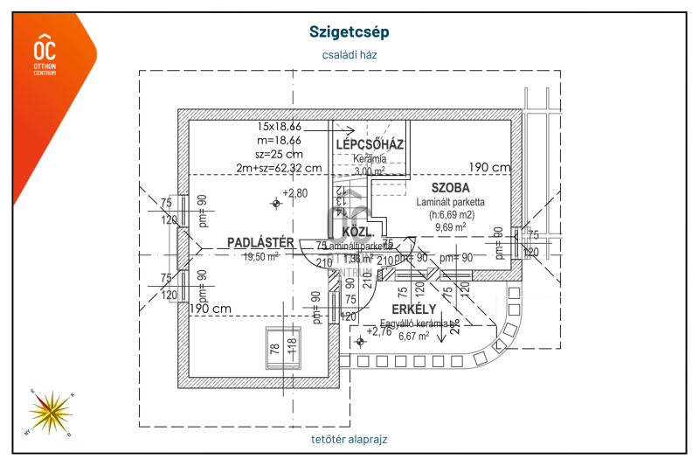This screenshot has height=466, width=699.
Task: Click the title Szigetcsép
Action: point(349,31)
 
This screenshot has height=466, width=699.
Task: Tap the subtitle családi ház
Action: point(349,54)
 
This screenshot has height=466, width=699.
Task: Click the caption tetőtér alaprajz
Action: point(349,439)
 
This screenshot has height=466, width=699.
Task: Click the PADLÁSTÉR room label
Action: point(260,242)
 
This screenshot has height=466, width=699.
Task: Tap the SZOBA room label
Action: point(450,188)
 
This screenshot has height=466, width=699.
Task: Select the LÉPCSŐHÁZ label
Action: point(370,144)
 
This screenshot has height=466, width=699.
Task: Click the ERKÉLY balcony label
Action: point(413,310)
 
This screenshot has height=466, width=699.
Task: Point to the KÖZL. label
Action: point(357,233)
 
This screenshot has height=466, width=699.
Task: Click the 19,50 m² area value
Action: point(260,257)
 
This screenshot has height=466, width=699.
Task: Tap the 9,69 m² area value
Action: point(450,227)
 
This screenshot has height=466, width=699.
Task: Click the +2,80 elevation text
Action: point(296,193)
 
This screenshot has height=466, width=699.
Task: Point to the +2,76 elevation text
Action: point(379,331)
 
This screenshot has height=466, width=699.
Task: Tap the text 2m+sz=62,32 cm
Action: point(279,168)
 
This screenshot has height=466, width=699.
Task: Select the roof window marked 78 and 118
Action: point(283,348)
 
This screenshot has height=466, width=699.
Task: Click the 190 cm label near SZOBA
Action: point(489,168)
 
